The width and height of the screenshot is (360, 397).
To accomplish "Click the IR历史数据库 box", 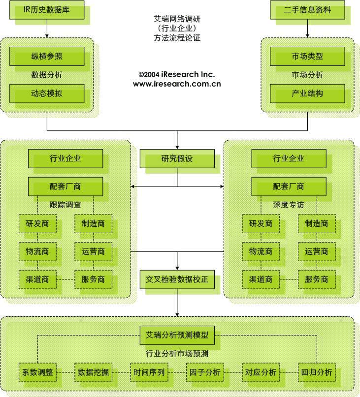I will coord(47,10).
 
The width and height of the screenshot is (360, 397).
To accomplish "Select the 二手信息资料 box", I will coord(307,10).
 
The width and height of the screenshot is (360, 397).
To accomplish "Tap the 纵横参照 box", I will coord(47,56).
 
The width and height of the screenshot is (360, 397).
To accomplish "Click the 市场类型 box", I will coord(307,56).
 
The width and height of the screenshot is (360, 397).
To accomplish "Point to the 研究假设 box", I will coord(177,159).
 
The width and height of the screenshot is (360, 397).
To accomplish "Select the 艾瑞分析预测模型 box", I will coord(177,336).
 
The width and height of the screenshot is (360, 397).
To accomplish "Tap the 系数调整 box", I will coord(37,372).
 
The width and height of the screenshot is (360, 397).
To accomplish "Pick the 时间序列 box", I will coord(149,372).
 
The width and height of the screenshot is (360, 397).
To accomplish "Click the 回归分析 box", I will coord(317,372).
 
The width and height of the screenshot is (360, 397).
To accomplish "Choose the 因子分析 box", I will coord(205,372).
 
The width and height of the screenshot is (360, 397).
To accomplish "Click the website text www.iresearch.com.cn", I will coord(177,84).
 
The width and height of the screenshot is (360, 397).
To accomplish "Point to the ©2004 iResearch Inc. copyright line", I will coord(177,74).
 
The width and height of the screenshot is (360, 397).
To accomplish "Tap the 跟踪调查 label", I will coord(65,204).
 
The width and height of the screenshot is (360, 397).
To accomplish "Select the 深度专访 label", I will coord(289,204).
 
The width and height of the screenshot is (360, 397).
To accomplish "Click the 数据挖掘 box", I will coord(94,372).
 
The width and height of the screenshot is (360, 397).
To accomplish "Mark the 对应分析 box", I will coord(261,372).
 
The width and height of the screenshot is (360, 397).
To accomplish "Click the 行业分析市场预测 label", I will coord(177,353).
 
